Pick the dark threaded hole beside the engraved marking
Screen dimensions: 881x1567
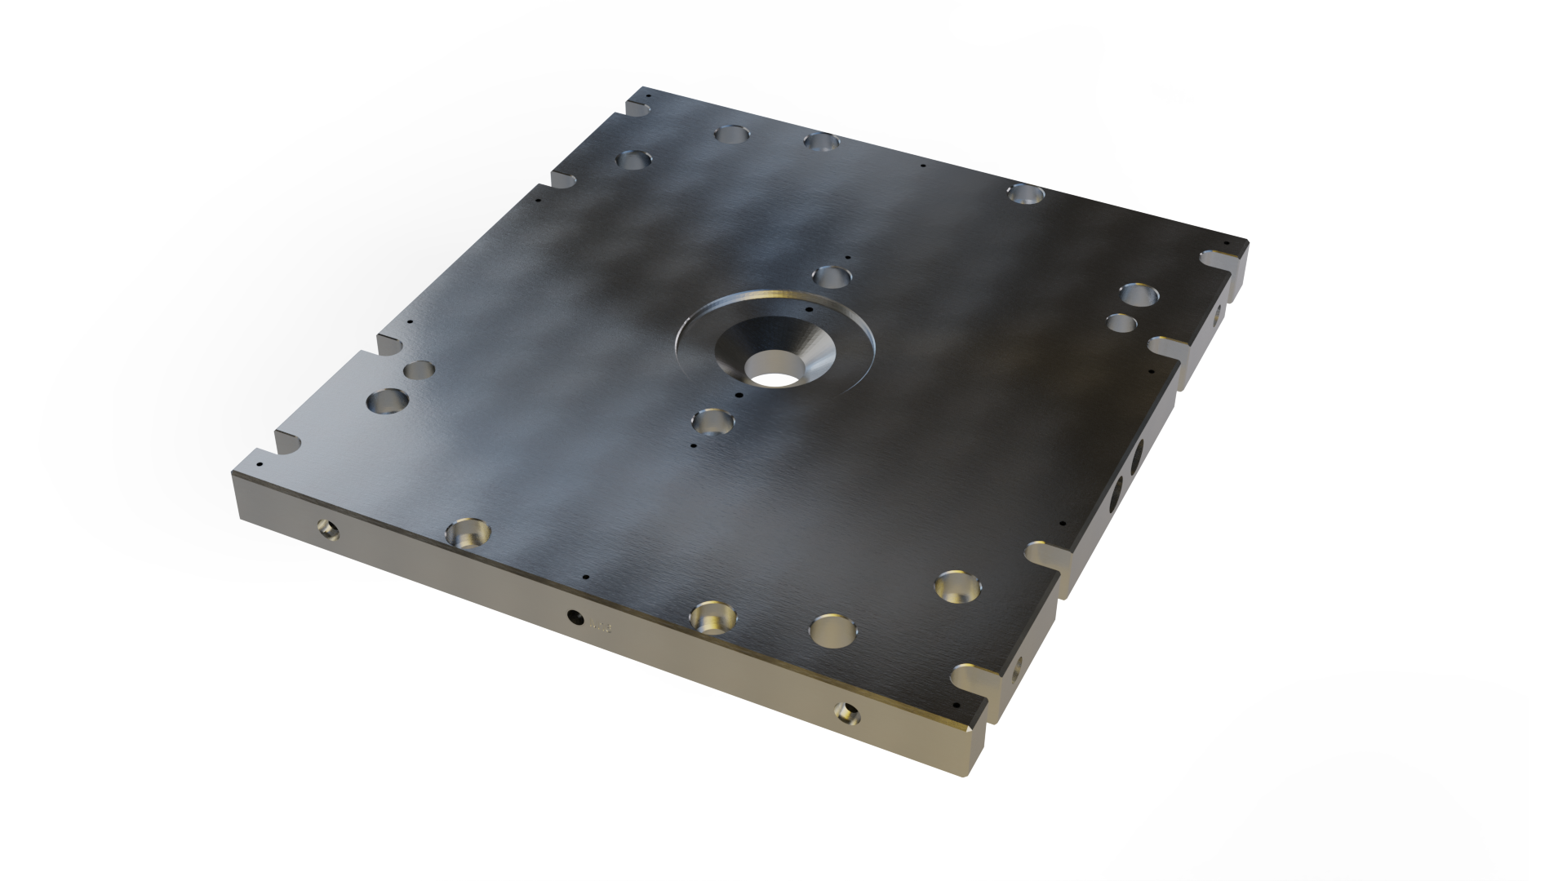(x=575, y=617)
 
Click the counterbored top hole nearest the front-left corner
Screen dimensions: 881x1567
(x=468, y=533)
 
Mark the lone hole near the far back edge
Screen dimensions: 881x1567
(x=1026, y=193)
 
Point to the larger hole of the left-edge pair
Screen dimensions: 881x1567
(x=388, y=401)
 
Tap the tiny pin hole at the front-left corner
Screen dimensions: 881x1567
(x=260, y=463)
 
